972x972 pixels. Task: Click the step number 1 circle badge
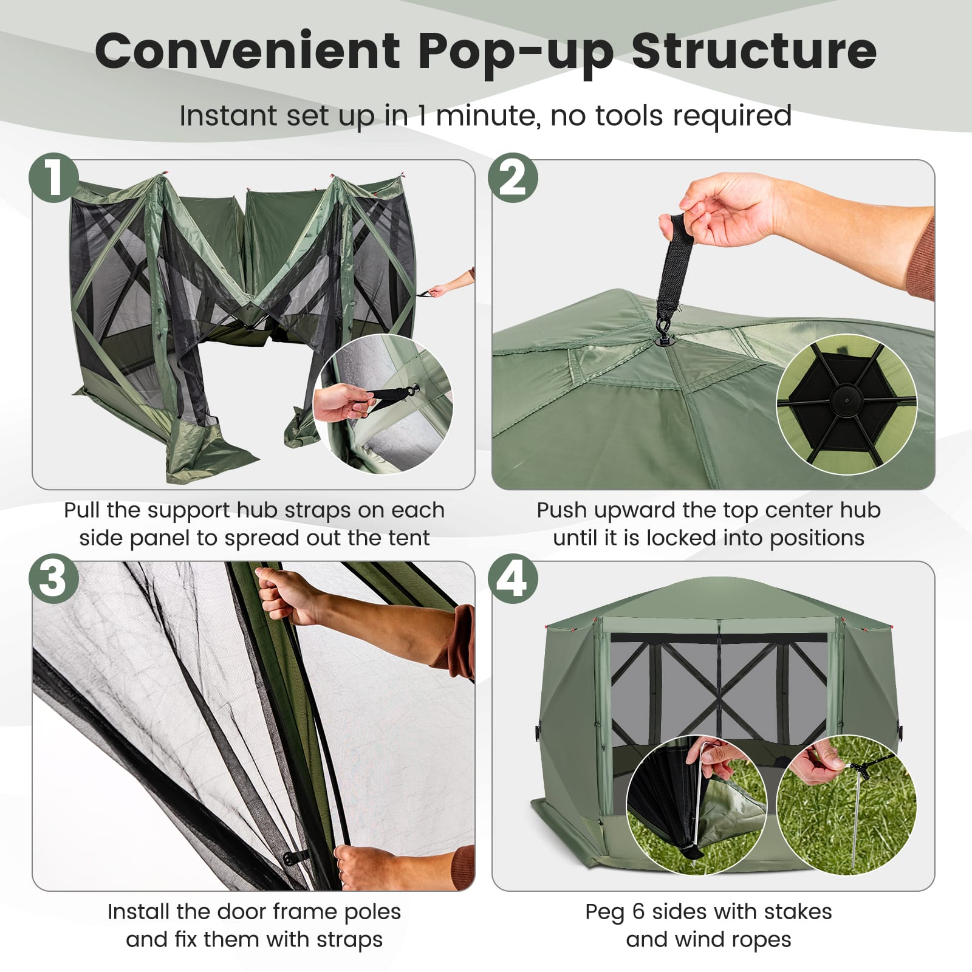pyautogui.click(x=53, y=177)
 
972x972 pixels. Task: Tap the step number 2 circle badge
pyautogui.click(x=513, y=177)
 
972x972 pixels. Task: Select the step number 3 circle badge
pyautogui.click(x=53, y=578)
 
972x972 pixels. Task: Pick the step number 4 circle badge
pyautogui.click(x=513, y=578)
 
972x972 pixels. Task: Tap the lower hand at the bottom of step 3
pyautogui.click(x=371, y=866)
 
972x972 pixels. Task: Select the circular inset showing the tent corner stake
pyautogui.click(x=697, y=805)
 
